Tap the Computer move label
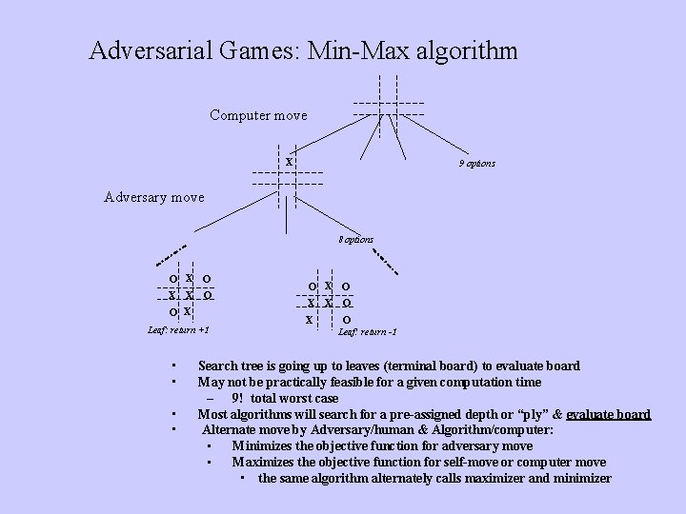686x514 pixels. pyautogui.click(x=258, y=115)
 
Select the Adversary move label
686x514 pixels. pyautogui.click(x=153, y=197)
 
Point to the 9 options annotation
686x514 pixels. pyautogui.click(x=476, y=164)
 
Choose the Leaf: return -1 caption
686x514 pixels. pyautogui.click(x=368, y=332)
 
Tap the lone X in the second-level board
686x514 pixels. pyautogui.click(x=289, y=162)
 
